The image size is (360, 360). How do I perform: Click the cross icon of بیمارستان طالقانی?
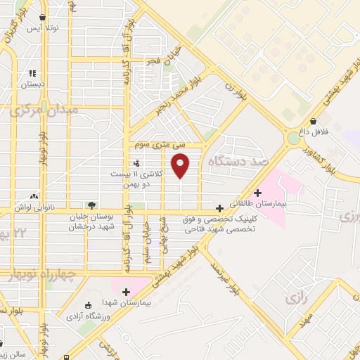tap(257, 193)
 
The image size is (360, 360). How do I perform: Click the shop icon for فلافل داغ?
tap(312, 121)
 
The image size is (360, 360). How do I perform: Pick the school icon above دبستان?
tap(32, 73)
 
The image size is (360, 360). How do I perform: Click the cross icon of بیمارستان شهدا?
tap(127, 292)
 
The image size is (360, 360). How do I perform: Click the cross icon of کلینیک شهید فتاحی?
tap(220, 208)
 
